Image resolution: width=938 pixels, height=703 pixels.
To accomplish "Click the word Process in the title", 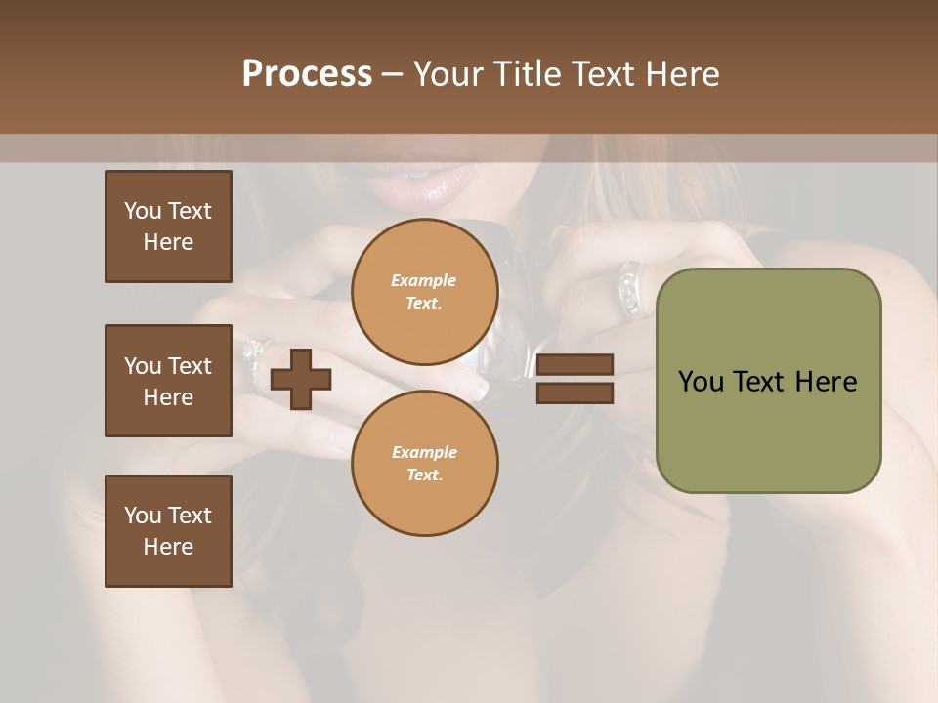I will (307, 74).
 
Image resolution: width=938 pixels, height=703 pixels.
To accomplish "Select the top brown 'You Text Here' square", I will (168, 227).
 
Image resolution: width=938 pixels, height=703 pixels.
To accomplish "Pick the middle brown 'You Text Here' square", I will (168, 381).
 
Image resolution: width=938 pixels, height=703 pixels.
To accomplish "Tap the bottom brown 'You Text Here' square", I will (168, 531).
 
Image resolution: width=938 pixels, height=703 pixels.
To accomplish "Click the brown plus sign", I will (300, 380).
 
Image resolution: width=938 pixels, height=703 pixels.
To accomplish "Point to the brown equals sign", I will (576, 379).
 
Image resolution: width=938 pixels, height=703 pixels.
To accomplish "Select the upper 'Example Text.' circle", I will (424, 292).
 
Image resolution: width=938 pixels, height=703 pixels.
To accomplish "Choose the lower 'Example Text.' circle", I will (424, 464).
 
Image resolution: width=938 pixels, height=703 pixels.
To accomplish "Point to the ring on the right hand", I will (630, 287).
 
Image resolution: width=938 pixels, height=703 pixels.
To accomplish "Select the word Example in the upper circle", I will (424, 280).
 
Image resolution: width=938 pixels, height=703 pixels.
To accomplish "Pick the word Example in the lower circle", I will (424, 452).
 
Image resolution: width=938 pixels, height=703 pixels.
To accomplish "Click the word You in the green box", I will (700, 382).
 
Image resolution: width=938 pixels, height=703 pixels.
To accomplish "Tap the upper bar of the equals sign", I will (576, 365).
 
